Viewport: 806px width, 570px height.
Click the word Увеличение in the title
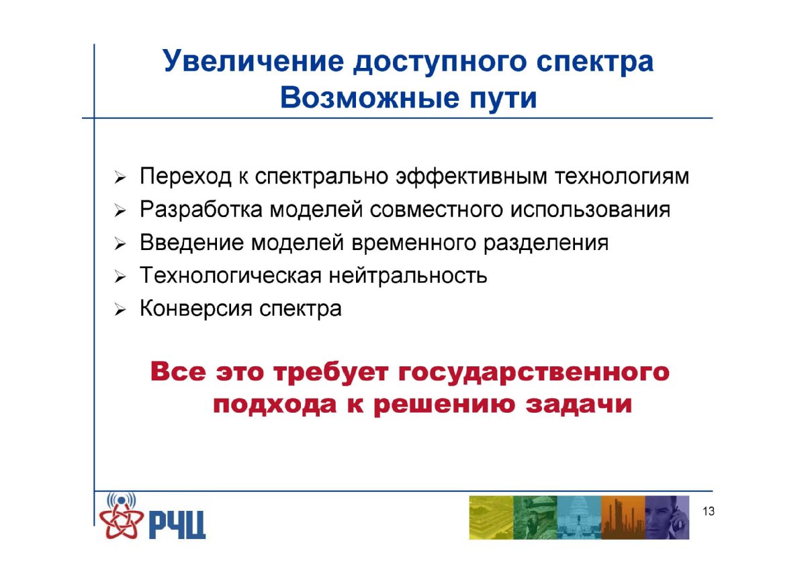point(253,61)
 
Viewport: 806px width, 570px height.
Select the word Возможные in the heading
point(370,98)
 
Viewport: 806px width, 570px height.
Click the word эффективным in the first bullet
point(472,177)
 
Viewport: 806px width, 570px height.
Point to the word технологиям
point(622,177)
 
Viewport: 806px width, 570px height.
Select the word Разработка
point(201,210)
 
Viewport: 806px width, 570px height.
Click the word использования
point(590,210)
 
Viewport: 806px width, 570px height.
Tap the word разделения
point(546,243)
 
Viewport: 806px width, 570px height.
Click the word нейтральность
point(408,276)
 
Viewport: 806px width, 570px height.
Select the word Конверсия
point(196,309)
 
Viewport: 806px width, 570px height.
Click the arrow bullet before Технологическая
point(120,277)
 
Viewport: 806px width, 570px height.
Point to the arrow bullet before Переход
point(120,178)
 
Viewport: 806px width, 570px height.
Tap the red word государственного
point(533,372)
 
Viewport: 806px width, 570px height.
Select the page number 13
point(709,512)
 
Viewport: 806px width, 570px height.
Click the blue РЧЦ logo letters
point(177,525)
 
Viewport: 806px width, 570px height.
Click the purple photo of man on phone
point(667,518)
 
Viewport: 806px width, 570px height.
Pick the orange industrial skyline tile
point(623,518)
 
